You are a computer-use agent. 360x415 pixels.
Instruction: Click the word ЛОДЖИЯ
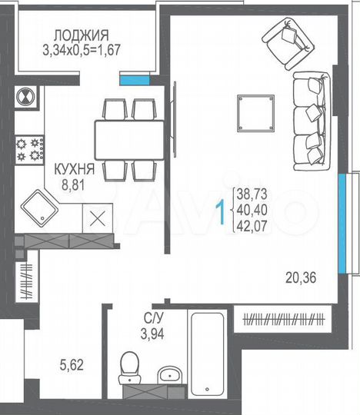[81, 35]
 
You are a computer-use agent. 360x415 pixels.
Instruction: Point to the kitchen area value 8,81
[67, 184]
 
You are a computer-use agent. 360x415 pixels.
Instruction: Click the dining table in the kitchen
[127, 139]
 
